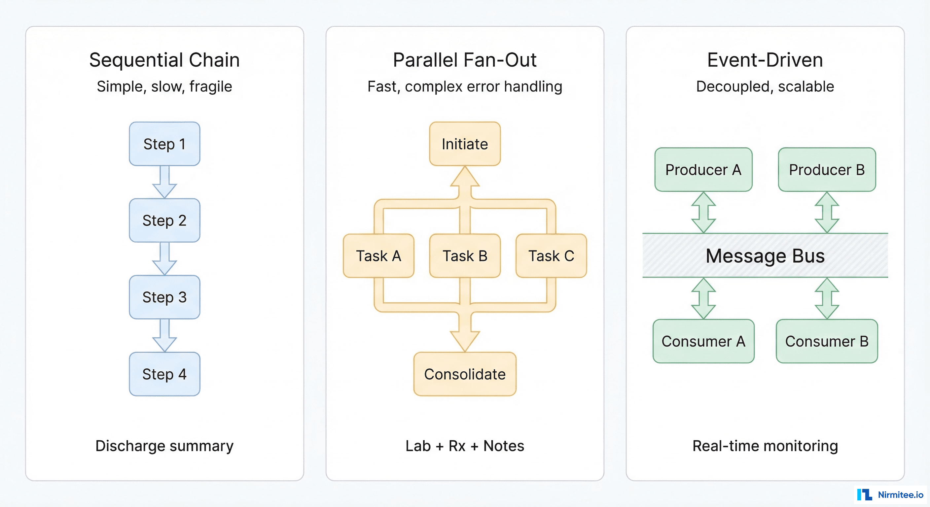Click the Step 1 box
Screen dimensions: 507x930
coord(164,144)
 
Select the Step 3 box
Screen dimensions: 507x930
coord(164,297)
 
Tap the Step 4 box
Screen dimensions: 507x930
coord(164,374)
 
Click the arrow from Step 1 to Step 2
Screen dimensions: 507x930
coord(164,182)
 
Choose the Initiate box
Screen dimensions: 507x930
coord(465,144)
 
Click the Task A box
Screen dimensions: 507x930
coord(378,255)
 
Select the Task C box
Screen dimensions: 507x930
coord(551,255)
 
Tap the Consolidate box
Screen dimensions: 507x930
coord(465,374)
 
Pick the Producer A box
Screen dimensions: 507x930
coord(703,170)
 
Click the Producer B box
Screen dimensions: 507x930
coord(827,170)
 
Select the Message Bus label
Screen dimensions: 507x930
coord(765,255)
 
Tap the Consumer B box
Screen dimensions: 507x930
coord(827,341)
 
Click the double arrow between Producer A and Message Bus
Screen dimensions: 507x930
coord(703,212)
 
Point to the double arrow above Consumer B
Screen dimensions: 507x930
coord(827,298)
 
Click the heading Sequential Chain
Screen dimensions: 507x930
coord(164,60)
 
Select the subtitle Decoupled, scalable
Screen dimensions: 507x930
coord(765,86)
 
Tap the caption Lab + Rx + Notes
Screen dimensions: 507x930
coord(465,446)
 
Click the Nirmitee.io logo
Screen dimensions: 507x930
coord(890,494)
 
